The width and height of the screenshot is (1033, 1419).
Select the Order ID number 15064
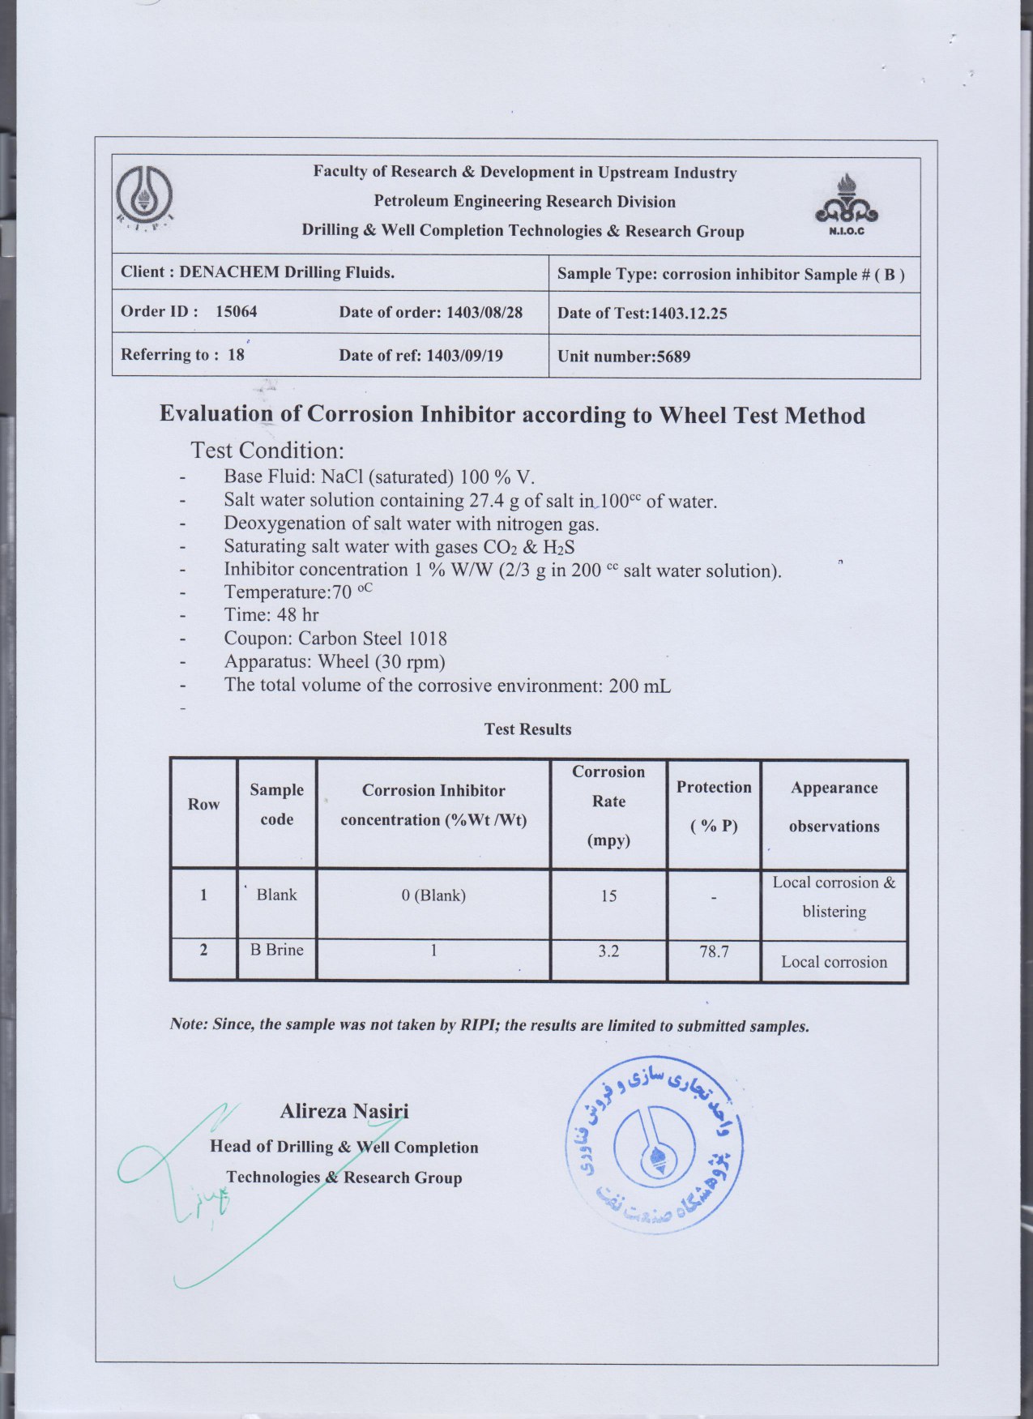pyautogui.click(x=236, y=311)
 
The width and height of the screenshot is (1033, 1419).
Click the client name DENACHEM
pyautogui.click(x=228, y=272)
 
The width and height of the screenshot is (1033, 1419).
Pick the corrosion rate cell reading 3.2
pyautogui.click(x=608, y=951)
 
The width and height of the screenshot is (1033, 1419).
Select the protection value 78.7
pyautogui.click(x=713, y=951)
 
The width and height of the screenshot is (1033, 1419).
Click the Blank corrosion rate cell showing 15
pyautogui.click(x=608, y=895)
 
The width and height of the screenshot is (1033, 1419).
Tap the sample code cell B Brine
pyautogui.click(x=276, y=950)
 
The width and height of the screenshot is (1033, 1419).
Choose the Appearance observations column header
pyautogui.click(x=834, y=807)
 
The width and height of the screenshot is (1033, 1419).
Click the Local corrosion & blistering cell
pyautogui.click(x=834, y=897)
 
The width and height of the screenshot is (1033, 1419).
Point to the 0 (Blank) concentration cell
pyautogui.click(x=433, y=895)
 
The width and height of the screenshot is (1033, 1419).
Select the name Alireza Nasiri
pyautogui.click(x=344, y=1111)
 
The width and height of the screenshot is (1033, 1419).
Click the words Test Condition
pyautogui.click(x=267, y=450)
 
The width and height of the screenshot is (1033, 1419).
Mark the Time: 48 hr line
pyautogui.click(x=271, y=615)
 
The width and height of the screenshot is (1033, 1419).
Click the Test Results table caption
pyautogui.click(x=527, y=729)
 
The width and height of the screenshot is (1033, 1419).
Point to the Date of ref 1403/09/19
pyautogui.click(x=464, y=355)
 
